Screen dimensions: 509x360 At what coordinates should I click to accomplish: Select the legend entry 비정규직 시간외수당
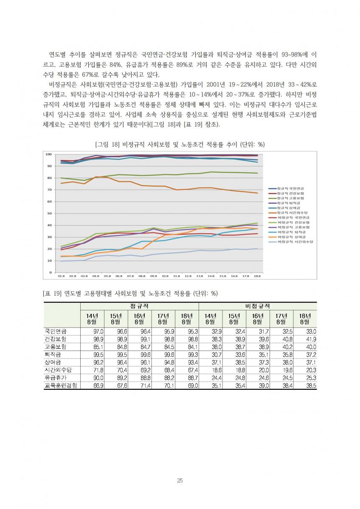[295, 241]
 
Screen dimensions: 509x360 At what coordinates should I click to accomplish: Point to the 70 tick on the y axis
[49, 190]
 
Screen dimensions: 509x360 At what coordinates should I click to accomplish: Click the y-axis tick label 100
[48, 154]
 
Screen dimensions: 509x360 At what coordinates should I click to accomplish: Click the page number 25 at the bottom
[180, 481]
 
